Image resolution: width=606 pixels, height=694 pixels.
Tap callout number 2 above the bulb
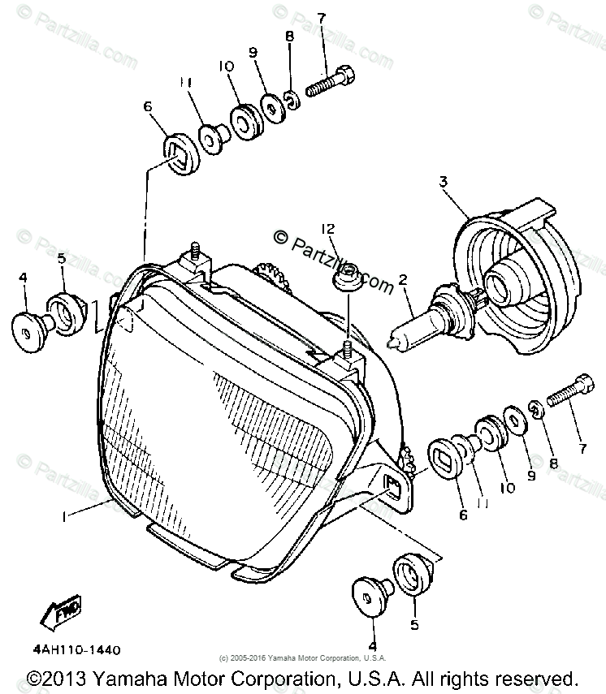tap(401, 282)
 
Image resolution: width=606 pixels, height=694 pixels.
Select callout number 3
tap(444, 183)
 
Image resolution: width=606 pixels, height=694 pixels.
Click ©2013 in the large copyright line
tap(58, 678)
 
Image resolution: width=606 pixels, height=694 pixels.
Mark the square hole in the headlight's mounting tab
tap(392, 485)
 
